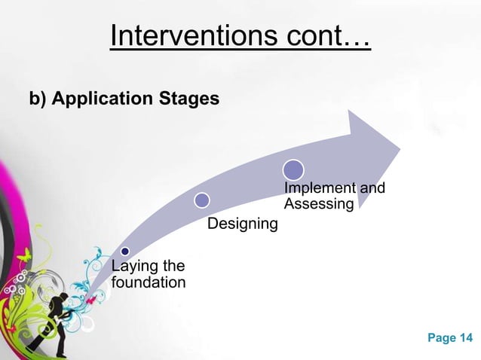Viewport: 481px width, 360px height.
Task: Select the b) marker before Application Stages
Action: point(37,99)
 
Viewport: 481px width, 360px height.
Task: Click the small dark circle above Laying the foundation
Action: point(125,250)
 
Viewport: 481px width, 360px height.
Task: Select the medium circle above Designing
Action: point(201,200)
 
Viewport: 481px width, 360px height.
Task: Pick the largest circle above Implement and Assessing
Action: point(293,169)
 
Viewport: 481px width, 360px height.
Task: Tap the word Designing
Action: point(242,224)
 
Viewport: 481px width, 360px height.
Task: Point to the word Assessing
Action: point(318,204)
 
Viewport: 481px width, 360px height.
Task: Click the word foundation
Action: point(148,283)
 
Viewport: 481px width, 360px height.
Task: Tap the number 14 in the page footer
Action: point(466,338)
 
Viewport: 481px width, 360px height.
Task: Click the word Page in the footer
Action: point(441,338)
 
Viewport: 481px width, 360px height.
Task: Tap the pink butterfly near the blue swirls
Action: point(91,299)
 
